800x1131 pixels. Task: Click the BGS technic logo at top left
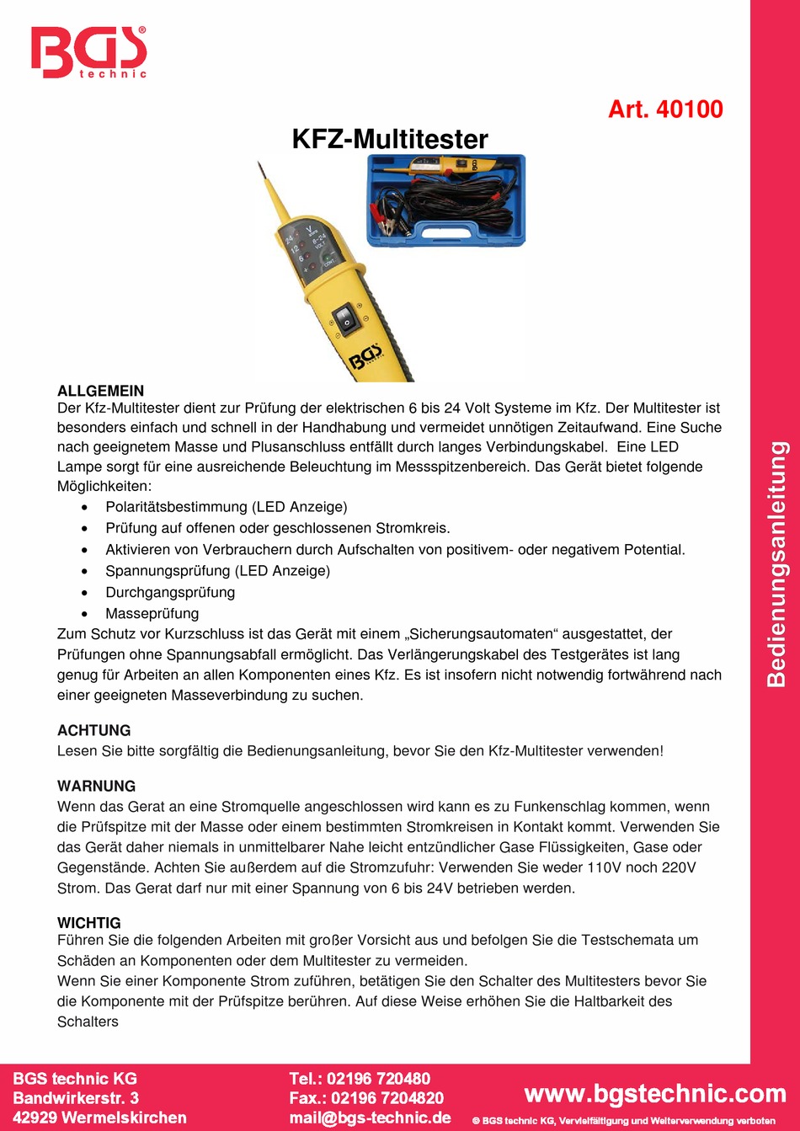[x=88, y=52]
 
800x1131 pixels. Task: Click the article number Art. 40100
[x=665, y=109]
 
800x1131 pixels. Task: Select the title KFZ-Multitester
[x=390, y=139]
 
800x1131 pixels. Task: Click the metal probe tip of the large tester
[x=264, y=173]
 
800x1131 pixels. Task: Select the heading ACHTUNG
[x=94, y=730]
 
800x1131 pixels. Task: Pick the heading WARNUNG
[x=96, y=786]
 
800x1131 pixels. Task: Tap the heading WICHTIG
[x=89, y=923]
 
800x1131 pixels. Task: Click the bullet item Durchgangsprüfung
[x=170, y=592]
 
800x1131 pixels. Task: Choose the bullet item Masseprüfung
[x=152, y=613]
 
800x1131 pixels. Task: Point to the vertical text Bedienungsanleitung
[x=776, y=564]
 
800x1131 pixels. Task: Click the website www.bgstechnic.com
[x=654, y=1093]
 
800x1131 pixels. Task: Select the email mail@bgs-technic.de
[x=370, y=1118]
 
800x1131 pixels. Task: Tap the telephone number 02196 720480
[x=378, y=1079]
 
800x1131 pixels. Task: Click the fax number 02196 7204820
[x=387, y=1098]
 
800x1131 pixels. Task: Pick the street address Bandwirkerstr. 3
[x=76, y=1098]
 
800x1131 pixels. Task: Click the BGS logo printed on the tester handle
[x=366, y=356]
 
